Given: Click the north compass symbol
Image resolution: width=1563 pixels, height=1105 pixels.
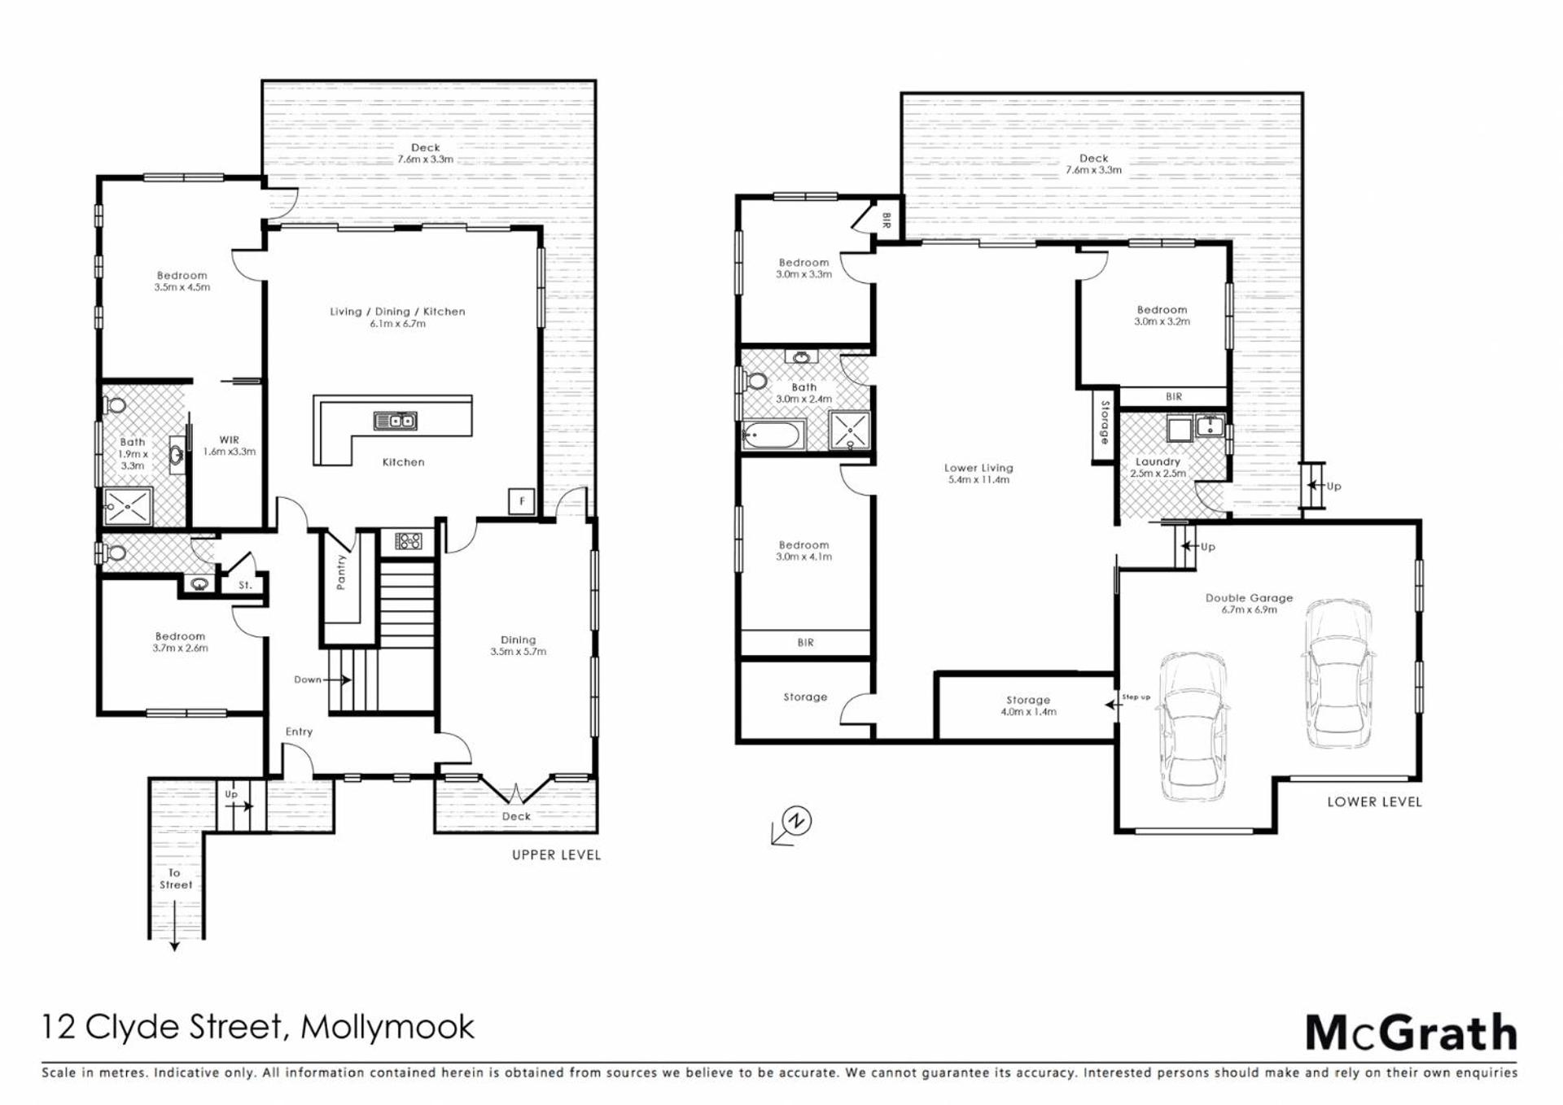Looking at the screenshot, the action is (792, 824).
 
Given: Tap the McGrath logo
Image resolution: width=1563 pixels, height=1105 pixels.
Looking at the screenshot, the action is (1412, 1033).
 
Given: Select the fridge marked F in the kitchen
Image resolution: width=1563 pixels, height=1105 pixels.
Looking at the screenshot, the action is (522, 501).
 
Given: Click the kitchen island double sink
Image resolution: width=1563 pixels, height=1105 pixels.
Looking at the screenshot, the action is (396, 421).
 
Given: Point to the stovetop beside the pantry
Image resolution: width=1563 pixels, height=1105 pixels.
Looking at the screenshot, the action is (408, 539).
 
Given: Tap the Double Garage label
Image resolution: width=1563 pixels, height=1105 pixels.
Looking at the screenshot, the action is (1249, 603).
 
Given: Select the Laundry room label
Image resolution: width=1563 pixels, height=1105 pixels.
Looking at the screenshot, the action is (1158, 467).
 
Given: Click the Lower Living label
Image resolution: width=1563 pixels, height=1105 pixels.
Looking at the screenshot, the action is (979, 474).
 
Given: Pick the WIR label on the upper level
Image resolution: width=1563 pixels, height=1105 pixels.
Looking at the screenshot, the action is (229, 446).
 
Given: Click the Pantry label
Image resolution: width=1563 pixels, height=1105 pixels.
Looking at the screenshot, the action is (341, 572).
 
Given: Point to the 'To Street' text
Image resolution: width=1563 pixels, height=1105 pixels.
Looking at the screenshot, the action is (175, 879).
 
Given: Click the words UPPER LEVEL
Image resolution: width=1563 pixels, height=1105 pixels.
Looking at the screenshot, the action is (556, 854).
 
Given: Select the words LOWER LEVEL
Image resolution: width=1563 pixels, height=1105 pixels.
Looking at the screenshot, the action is (1374, 801).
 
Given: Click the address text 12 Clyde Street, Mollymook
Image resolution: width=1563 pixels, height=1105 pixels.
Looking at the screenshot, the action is (258, 1027).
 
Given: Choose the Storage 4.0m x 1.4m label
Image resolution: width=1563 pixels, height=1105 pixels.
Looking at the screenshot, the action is (1028, 705).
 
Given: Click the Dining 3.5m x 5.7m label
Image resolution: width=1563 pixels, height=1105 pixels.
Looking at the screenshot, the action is (518, 645).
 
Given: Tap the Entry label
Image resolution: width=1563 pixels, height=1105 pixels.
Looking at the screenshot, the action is (299, 732).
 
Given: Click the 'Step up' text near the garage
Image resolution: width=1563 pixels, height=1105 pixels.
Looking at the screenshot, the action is (1136, 697).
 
